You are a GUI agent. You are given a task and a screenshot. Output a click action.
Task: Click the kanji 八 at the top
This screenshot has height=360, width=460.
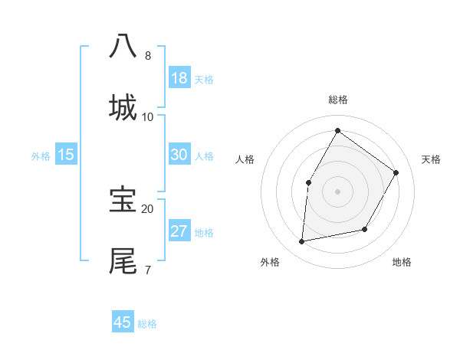123,46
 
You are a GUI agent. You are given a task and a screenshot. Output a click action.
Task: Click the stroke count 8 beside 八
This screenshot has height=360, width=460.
148,56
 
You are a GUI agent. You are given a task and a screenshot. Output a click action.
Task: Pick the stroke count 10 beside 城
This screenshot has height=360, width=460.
148,117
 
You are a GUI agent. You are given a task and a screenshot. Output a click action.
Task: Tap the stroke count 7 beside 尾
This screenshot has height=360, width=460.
147,270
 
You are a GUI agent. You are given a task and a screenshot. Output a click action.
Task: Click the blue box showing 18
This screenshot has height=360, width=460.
179,78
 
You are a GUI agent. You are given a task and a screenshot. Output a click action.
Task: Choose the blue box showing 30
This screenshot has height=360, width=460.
179,155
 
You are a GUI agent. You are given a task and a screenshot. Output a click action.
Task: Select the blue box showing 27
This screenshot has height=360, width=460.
179,231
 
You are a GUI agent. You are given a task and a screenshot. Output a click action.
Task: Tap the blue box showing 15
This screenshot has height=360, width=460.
66,155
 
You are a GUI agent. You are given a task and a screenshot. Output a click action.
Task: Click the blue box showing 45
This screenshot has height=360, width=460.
123,322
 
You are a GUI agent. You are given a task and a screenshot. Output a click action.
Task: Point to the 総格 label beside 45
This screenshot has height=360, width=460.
147,324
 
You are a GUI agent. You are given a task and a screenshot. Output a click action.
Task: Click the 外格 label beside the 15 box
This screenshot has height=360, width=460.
41,156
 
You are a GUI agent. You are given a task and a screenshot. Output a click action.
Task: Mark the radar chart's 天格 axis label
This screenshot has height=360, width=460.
431,159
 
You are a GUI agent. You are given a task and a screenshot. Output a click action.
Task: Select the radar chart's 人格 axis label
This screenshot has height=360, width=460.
245,159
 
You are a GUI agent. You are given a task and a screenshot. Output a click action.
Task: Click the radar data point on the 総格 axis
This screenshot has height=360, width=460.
337,130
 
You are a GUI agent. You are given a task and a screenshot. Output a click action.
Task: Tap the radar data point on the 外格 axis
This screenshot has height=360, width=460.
302,242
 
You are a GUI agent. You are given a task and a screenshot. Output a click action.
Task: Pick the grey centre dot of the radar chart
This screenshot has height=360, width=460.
337,191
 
